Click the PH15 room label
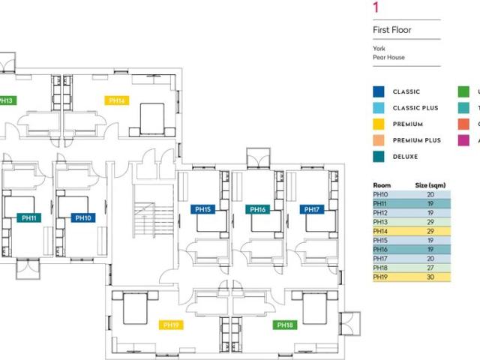pyautogui.click(x=202, y=209)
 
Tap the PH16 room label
pyautogui.click(x=257, y=209)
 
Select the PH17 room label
pyautogui.click(x=311, y=209)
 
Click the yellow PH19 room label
pyautogui.click(x=170, y=325)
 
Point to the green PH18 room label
pyautogui.click(x=284, y=325)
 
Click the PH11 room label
pyautogui.click(x=29, y=218)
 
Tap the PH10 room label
pyautogui.click(x=82, y=218)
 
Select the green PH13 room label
pyautogui.click(x=7, y=100)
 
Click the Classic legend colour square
pyautogui.click(x=379, y=92)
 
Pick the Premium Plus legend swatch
pyautogui.click(x=379, y=140)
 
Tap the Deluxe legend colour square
pyautogui.click(x=379, y=157)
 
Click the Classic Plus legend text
pyautogui.click(x=415, y=108)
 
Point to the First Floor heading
pyautogui.click(x=392, y=31)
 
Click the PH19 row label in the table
pyautogui.click(x=381, y=277)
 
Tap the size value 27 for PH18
pyautogui.click(x=430, y=268)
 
